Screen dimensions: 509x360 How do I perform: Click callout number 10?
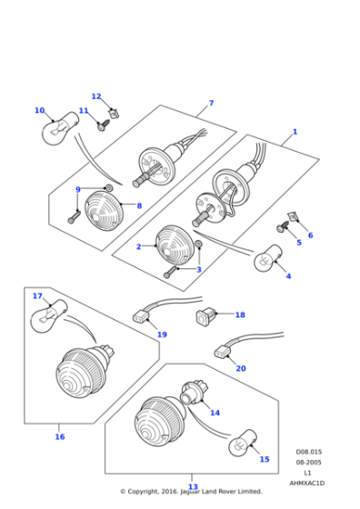39,111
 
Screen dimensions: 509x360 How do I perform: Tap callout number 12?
96,96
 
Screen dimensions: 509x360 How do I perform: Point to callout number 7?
211,103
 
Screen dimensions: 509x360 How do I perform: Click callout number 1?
294,132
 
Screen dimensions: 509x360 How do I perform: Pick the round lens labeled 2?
173,244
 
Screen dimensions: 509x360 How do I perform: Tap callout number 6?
310,235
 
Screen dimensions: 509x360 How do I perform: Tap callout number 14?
215,413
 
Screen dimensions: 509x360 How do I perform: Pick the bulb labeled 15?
238,444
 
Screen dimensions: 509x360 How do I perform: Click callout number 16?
60,436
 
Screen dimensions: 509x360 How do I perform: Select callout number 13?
193,487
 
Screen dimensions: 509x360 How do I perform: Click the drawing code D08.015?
308,452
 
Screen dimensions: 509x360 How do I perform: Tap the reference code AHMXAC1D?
306,483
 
